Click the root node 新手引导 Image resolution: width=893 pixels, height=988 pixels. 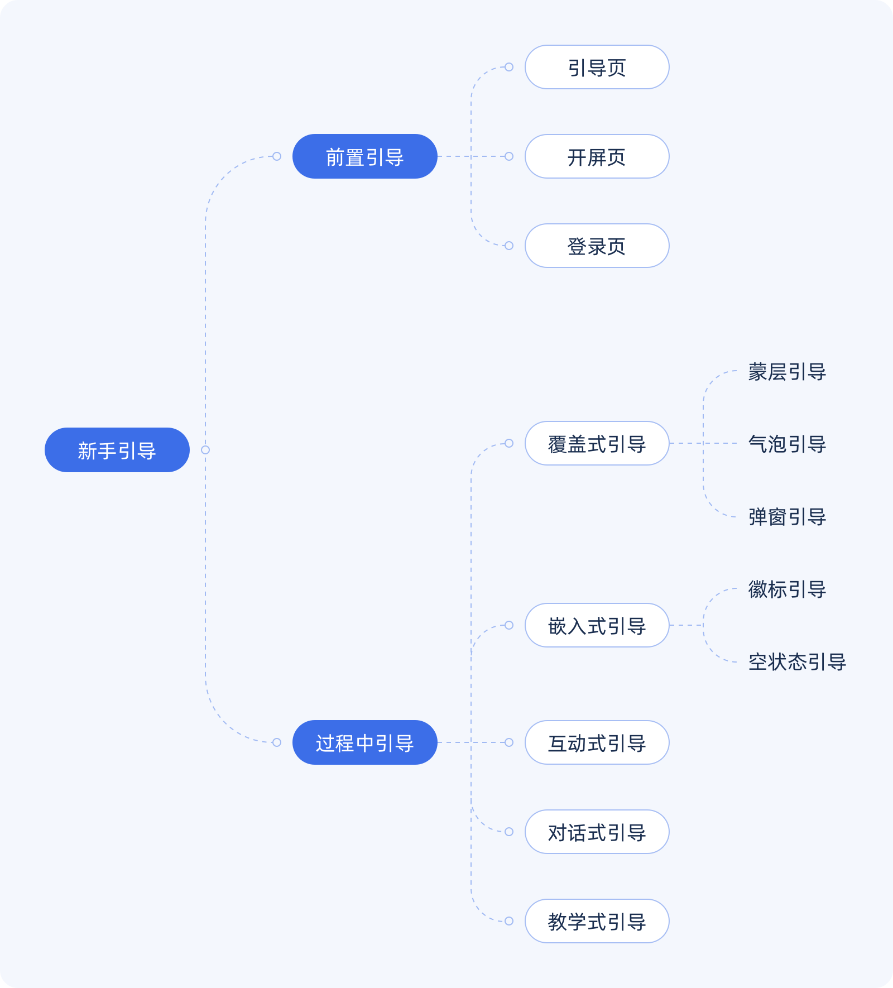pos(117,450)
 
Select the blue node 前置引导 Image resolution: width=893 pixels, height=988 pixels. pos(364,156)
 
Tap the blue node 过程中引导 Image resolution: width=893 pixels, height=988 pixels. pos(364,742)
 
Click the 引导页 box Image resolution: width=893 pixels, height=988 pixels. pos(597,67)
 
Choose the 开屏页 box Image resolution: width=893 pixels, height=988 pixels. pos(597,156)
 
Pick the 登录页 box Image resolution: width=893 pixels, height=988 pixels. pos(597,246)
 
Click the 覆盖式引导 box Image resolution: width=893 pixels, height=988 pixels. pos(597,443)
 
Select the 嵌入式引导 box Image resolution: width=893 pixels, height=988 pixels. pos(597,625)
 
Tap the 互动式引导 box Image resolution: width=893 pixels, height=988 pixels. pos(597,742)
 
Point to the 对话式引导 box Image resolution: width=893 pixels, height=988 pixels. pos(597,832)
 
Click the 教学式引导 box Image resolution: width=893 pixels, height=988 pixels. pos(597,921)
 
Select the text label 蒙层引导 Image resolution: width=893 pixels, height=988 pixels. pos(787,372)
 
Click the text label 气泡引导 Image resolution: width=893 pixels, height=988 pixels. pos(787,444)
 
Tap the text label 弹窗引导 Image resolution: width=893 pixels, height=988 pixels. pos(787,517)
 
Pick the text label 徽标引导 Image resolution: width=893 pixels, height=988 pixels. pos(787,589)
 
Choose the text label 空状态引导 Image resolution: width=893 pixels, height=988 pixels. pos(797,662)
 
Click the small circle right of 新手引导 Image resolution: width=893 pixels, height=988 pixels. pos(205,450)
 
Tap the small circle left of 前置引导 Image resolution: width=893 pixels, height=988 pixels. pos(277,156)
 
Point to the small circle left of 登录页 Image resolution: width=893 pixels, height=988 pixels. pos(509,246)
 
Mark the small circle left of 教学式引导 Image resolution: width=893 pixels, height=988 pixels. pos(509,921)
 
